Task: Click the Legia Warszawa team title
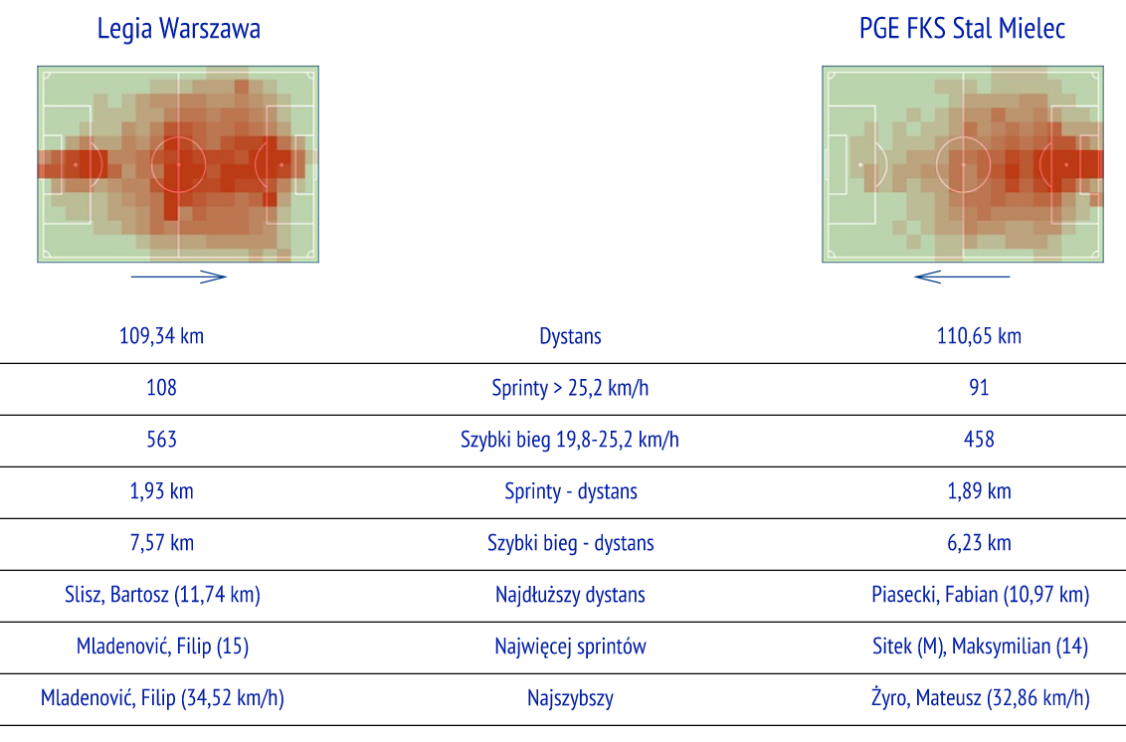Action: point(179,29)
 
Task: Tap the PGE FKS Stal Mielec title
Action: point(962,29)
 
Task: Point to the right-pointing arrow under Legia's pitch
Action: point(179,277)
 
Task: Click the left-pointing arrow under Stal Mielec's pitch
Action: point(962,277)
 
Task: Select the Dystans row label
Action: point(570,336)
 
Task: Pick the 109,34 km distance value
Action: point(161,336)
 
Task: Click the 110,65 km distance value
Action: point(979,336)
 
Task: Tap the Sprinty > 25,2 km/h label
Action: point(570,388)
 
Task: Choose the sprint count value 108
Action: point(161,388)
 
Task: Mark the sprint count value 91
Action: point(979,388)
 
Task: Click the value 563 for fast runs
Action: point(161,440)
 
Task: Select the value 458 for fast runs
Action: point(979,440)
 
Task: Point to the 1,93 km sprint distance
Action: point(161,491)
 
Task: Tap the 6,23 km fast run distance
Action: point(979,543)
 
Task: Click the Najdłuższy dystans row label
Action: point(570,595)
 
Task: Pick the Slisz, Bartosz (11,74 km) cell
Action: point(162,595)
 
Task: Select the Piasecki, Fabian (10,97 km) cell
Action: point(980,595)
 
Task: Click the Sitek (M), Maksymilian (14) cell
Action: point(980,647)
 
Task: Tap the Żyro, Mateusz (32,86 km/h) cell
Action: point(980,698)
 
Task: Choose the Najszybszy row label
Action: point(570,698)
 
